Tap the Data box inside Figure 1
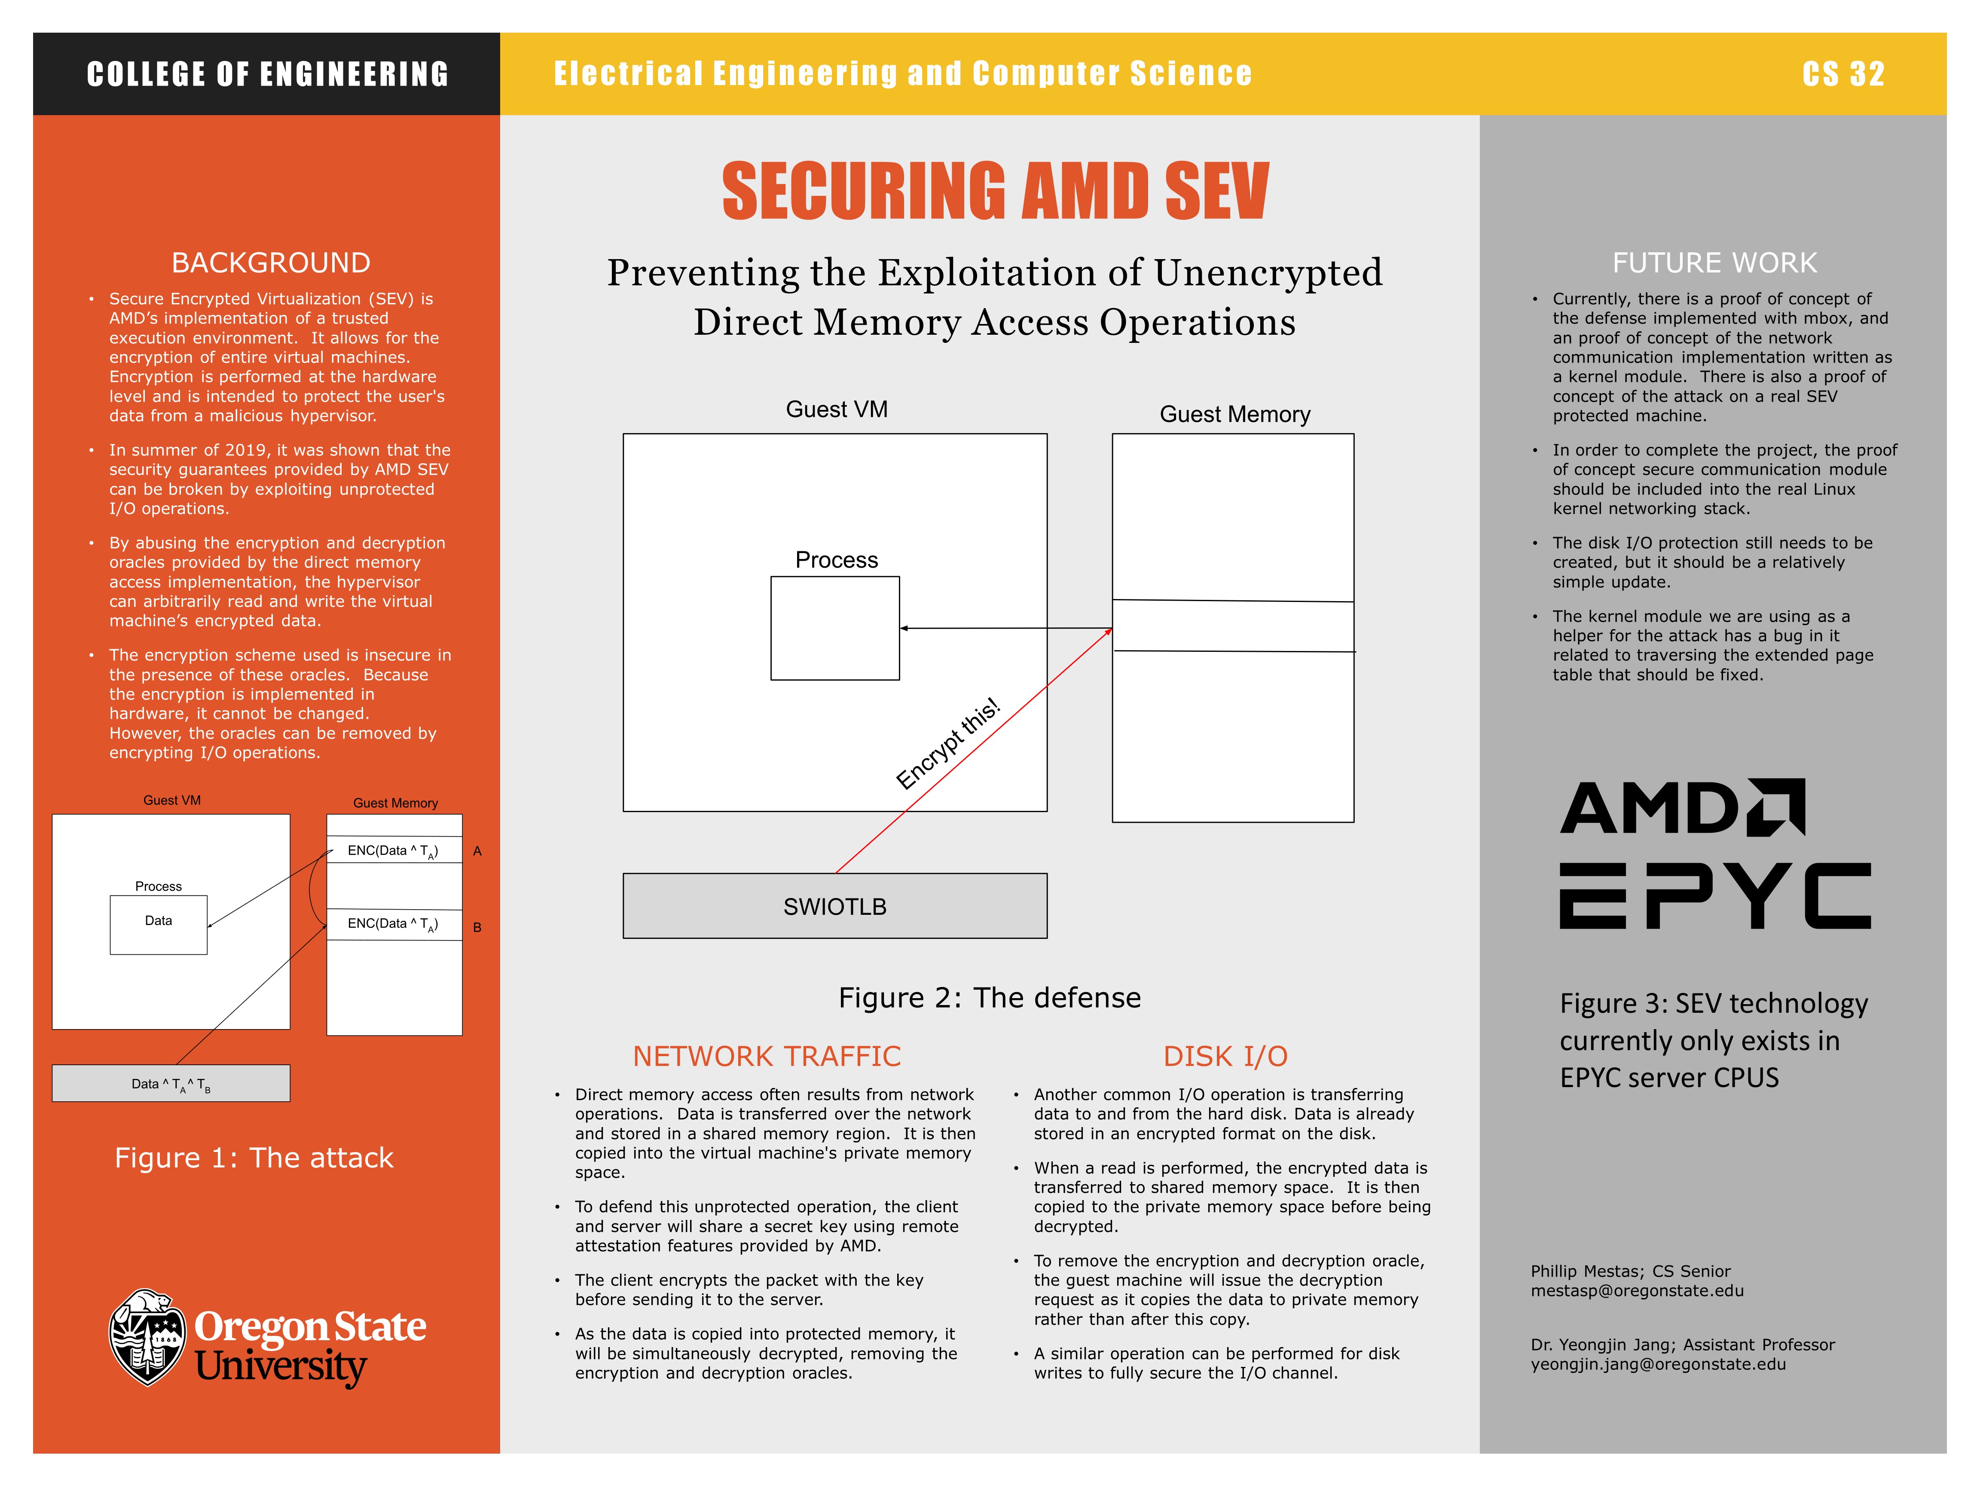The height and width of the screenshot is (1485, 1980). tap(159, 924)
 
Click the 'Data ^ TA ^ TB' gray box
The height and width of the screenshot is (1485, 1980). tap(171, 1083)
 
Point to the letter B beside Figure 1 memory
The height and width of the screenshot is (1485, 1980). tap(477, 927)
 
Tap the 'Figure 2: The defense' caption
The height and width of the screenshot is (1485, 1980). tap(989, 997)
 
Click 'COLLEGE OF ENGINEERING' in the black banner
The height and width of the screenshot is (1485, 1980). tap(268, 73)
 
